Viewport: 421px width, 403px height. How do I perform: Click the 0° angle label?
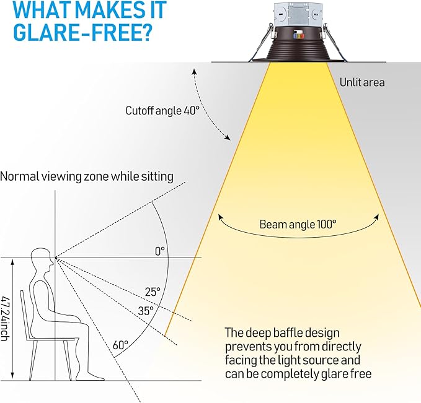(160, 251)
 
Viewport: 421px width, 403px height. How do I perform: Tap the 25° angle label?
(153, 292)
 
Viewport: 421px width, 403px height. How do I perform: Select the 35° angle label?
(146, 311)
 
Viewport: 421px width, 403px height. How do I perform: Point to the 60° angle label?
(120, 345)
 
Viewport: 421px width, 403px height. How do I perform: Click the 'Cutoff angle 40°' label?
(162, 111)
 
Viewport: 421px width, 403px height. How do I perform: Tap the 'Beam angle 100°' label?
(298, 224)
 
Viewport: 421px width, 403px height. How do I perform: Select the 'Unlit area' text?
(362, 82)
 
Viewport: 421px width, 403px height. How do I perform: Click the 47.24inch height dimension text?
(4, 318)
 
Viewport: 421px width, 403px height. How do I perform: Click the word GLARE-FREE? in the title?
(83, 32)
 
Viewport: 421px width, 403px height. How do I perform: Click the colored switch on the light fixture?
(299, 35)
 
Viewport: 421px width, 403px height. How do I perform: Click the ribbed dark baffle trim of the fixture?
(298, 46)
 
